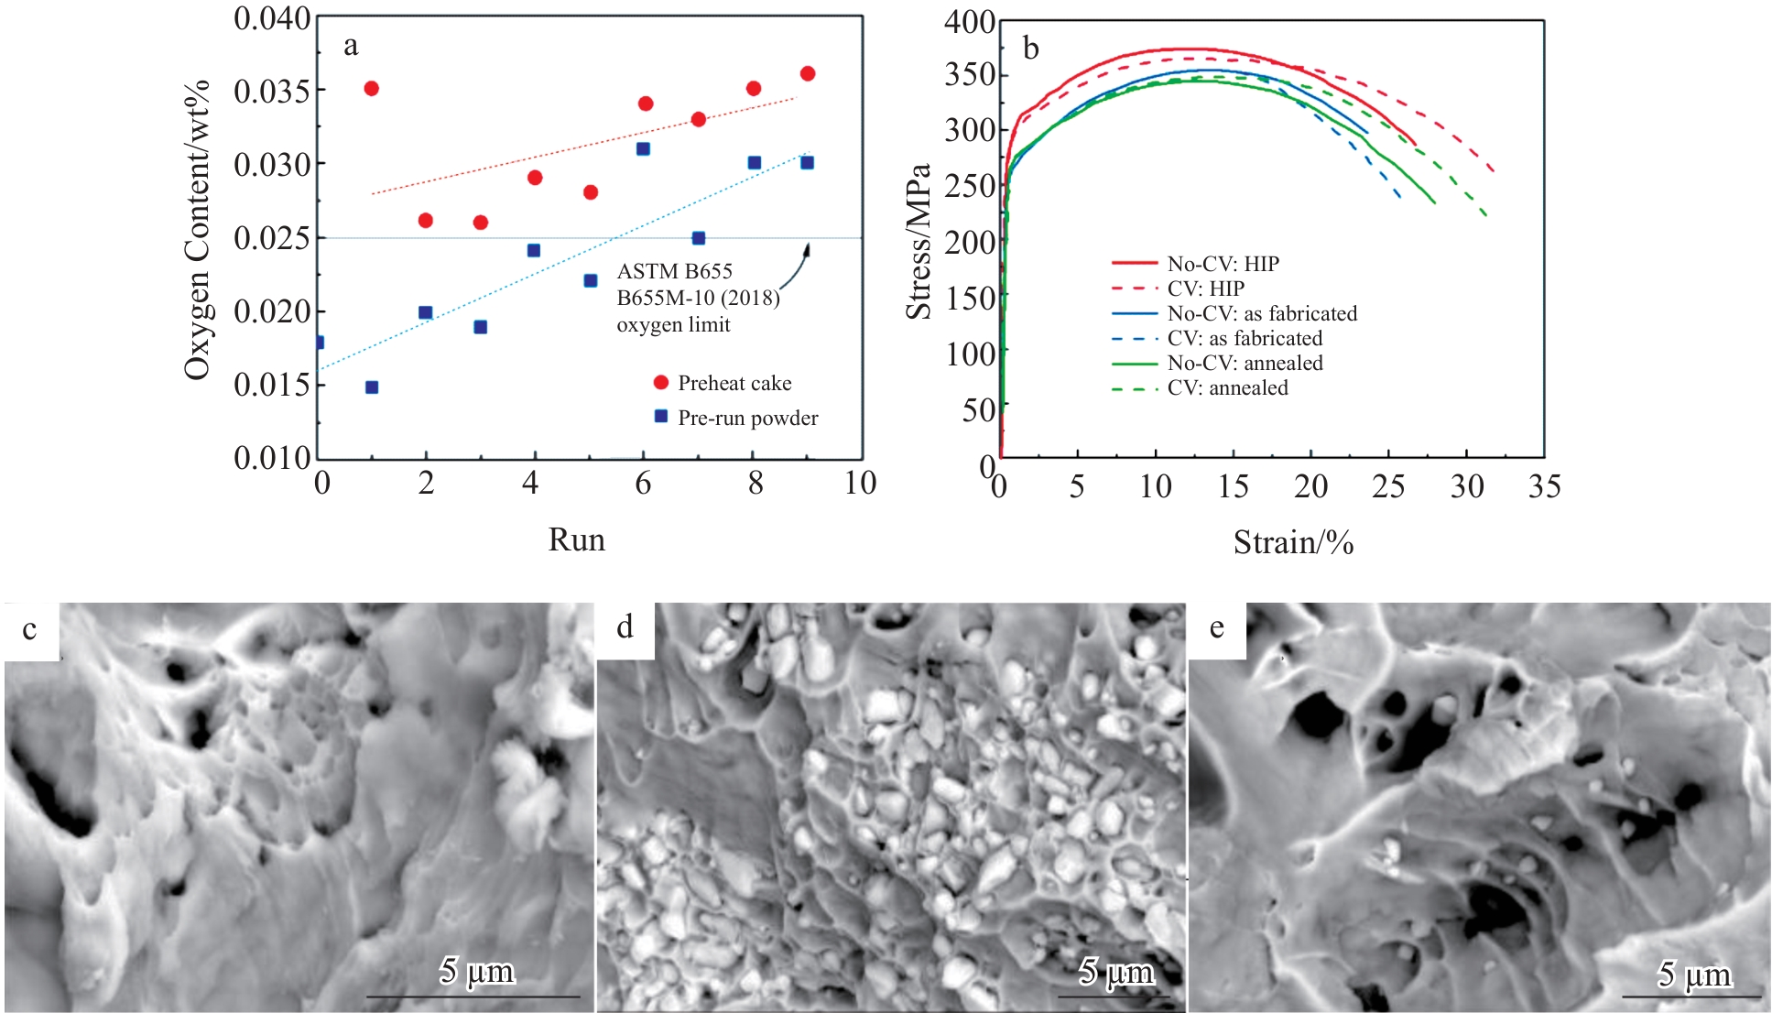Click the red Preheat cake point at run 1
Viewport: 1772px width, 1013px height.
371,89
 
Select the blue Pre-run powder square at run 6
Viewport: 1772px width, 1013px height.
643,148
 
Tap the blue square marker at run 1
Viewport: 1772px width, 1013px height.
372,387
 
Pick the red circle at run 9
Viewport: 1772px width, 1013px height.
807,73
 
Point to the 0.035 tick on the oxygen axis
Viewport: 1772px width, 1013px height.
271,91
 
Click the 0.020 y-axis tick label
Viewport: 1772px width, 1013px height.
271,311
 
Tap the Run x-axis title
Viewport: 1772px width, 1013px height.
576,539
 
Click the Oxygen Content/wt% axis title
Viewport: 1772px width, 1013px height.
197,229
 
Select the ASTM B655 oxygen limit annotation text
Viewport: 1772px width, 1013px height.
697,298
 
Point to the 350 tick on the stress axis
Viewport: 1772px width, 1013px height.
970,75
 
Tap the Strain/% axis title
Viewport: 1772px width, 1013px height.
1293,542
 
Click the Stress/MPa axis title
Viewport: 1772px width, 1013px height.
918,242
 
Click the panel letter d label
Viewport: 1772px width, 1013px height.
625,628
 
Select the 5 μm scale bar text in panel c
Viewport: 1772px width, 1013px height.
476,971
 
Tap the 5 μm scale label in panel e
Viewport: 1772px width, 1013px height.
1694,975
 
